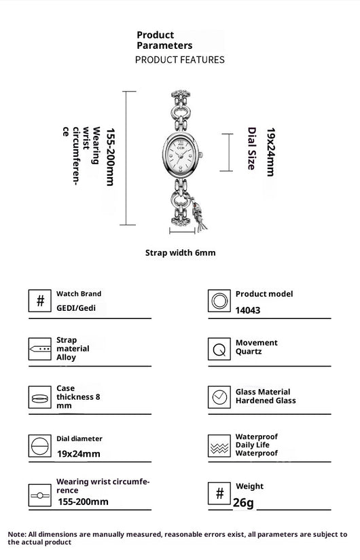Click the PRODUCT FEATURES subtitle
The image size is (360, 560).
[x=180, y=60]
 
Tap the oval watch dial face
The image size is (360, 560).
[x=181, y=155]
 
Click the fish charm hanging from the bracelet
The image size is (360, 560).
[x=198, y=214]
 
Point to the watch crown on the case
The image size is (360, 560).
[x=201, y=155]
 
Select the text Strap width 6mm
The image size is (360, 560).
[x=181, y=253]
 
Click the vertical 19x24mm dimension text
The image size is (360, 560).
[x=270, y=152]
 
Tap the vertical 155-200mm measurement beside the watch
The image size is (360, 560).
[x=111, y=157]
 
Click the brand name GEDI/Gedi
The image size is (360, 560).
[x=76, y=308]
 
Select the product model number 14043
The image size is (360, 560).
[x=248, y=310]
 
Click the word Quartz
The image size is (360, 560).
[x=249, y=352]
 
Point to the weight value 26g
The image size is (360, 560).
[x=243, y=502]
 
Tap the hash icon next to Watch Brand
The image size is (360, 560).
[x=39, y=301]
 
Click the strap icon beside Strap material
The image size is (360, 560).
[x=39, y=349]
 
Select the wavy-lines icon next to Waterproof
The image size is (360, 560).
[x=219, y=446]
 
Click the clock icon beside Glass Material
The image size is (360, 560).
[x=219, y=397]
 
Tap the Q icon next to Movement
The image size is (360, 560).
[x=219, y=349]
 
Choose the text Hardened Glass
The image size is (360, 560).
[x=266, y=400]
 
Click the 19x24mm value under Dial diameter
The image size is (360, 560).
[x=79, y=454]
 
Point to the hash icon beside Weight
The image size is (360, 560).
[x=219, y=493]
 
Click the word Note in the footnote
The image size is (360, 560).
[x=17, y=534]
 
